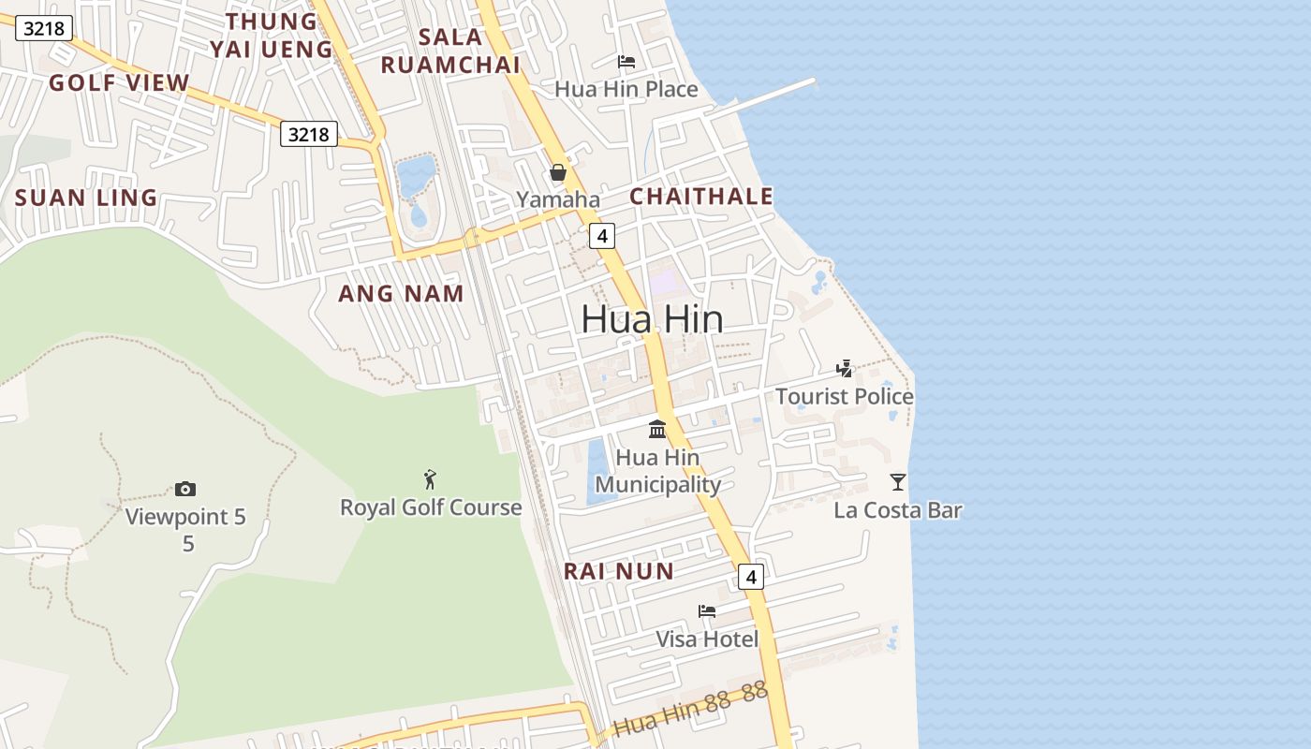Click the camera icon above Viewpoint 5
tap(185, 489)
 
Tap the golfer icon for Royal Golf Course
tap(430, 479)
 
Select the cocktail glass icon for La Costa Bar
tap(898, 482)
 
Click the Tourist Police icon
tap(845, 369)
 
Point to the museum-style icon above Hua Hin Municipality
tap(657, 430)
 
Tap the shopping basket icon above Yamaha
tap(558, 172)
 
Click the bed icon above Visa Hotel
tap(707, 611)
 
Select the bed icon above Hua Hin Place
tap(626, 62)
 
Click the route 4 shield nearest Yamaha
tap(602, 236)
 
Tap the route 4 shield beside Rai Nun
tap(750, 577)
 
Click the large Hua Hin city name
tap(652, 319)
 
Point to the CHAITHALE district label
tap(701, 197)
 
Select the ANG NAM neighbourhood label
tap(401, 294)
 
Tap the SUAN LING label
tap(86, 198)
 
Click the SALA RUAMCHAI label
tap(450, 51)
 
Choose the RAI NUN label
tap(618, 571)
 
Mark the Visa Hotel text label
tap(707, 639)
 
